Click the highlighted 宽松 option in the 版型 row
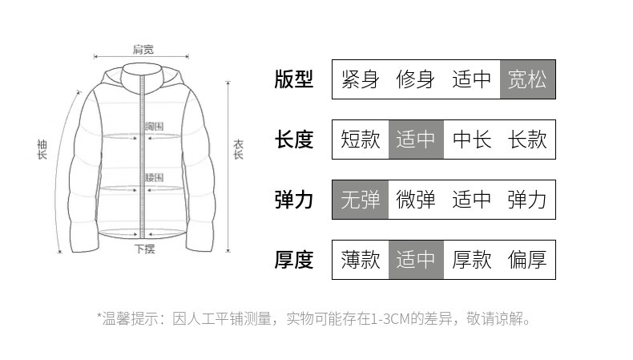527,79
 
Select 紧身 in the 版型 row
360,79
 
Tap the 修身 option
416,79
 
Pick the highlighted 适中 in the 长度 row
416,140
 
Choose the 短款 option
360,140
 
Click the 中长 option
472,140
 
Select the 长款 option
527,140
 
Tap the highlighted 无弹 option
360,200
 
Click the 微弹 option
416,200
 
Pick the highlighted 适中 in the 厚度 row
416,260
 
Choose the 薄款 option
360,260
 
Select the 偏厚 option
527,260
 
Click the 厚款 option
472,260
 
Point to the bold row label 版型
294,79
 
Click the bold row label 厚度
294,260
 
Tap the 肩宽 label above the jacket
143,49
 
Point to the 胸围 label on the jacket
155,127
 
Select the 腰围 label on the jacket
155,177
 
